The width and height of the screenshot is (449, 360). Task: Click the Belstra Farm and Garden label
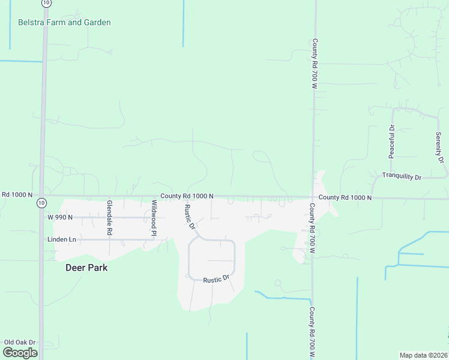click(64, 23)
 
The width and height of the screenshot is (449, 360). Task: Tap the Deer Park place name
click(86, 268)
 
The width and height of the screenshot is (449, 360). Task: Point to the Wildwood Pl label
click(154, 217)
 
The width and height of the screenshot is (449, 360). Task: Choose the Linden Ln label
click(62, 239)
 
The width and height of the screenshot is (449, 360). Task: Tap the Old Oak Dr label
click(20, 342)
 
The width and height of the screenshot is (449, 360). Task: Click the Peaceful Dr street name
click(391, 142)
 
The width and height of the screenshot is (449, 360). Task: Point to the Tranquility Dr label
click(402, 177)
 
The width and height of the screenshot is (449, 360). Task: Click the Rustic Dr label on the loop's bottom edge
click(217, 280)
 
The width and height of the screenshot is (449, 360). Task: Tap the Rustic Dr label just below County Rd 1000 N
click(190, 217)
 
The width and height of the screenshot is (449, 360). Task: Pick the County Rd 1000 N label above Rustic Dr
click(186, 196)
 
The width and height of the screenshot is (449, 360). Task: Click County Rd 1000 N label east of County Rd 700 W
click(345, 197)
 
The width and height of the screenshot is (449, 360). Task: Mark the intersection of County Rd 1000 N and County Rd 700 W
click(313, 197)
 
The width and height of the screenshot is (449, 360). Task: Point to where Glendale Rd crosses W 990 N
click(110, 217)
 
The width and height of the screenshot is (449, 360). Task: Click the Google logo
click(20, 352)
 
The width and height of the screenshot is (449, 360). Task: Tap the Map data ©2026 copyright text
click(423, 355)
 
